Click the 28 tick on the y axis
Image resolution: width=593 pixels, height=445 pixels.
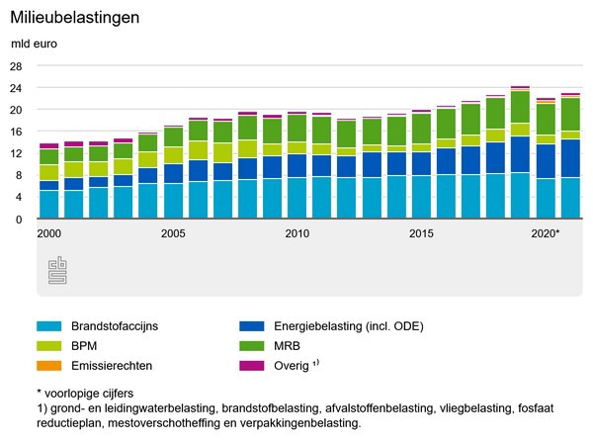tap(15, 66)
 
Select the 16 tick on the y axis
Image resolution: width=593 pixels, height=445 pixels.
tap(15, 132)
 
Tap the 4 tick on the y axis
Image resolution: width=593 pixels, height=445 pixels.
tap(18, 197)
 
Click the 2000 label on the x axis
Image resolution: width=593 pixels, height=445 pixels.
tap(48, 234)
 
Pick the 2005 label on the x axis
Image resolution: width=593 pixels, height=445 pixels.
tap(173, 234)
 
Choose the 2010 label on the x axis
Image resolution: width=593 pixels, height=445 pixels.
tap(296, 234)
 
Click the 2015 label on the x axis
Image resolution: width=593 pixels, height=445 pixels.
tap(421, 234)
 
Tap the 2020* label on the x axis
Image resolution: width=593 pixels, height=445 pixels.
tap(546, 234)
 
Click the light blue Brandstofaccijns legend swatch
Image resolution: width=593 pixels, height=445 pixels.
tap(48, 325)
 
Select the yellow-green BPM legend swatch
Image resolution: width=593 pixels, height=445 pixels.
tap(48, 345)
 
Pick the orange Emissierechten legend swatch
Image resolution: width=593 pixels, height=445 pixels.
tap(48, 365)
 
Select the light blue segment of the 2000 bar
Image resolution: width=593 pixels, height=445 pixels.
tap(48, 205)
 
